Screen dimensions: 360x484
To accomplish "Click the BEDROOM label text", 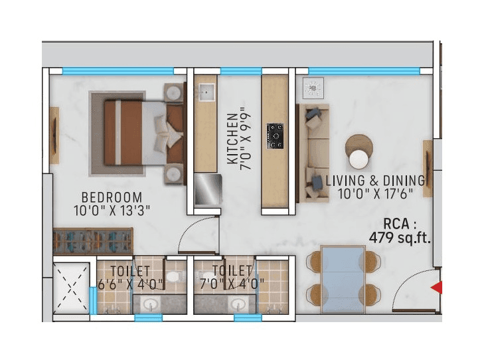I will pos(112,197).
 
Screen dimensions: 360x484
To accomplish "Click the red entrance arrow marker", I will pos(436,288).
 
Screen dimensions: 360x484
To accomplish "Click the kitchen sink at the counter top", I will pos(206,92).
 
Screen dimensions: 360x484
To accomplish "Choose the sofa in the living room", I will pos(312,153).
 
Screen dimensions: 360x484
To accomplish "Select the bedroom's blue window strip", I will pos(118,70).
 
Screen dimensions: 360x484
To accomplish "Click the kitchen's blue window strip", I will pos(240,70).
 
